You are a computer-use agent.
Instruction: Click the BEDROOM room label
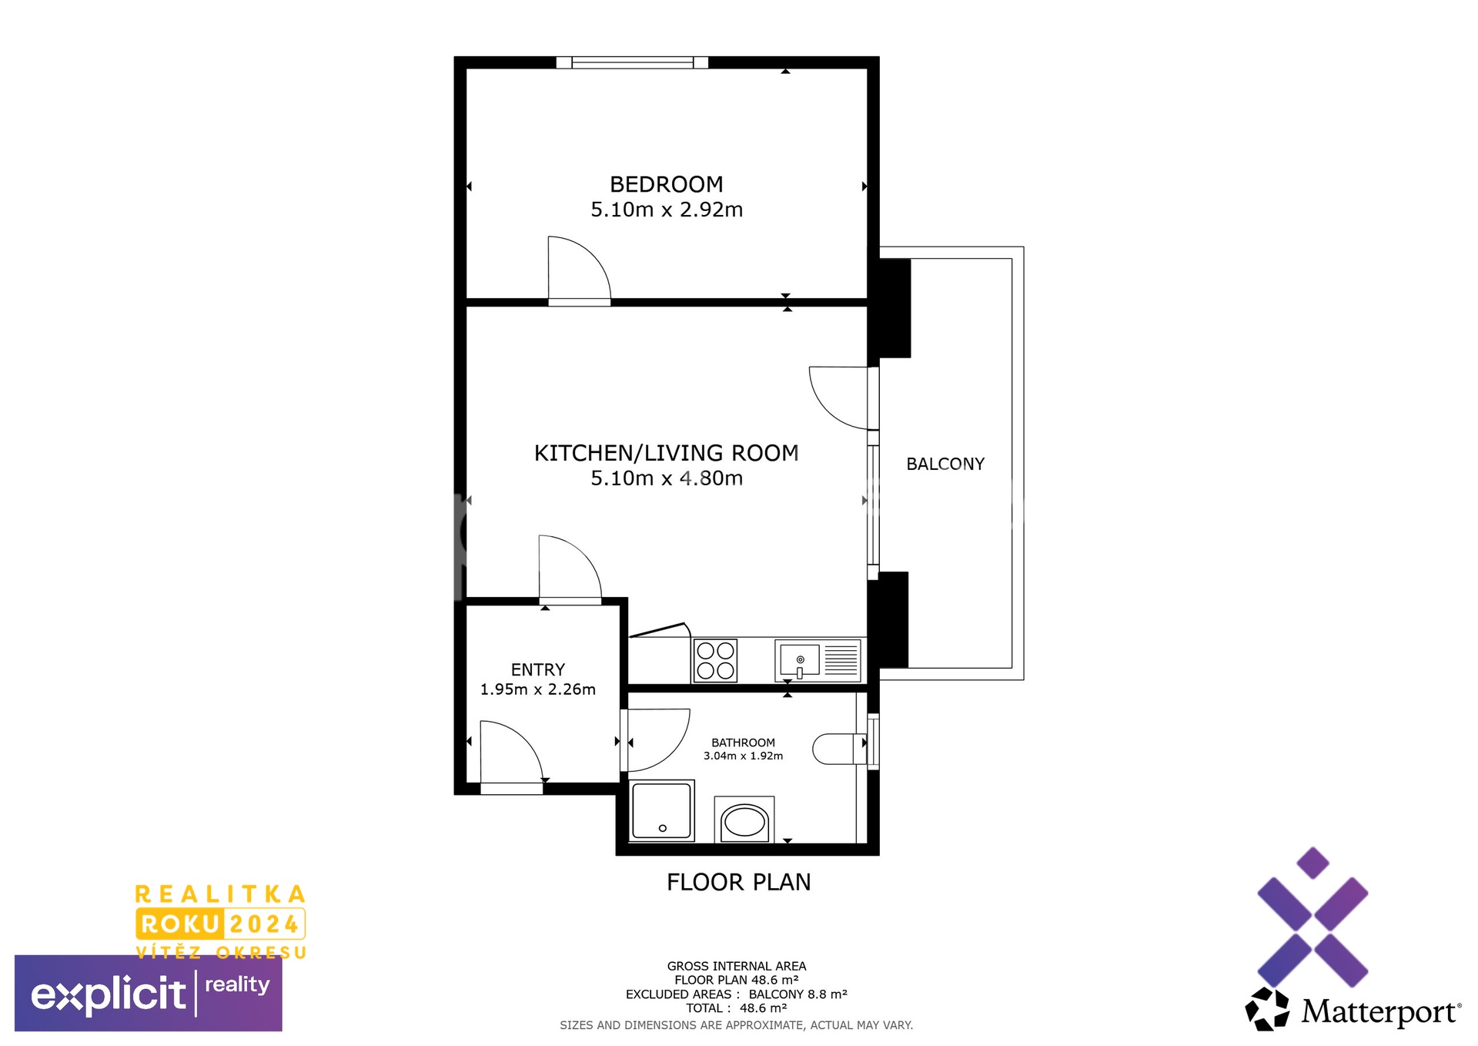[x=667, y=185]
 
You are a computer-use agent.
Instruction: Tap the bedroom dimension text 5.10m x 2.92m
[x=667, y=210]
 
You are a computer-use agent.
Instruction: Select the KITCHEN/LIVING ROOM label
[x=667, y=453]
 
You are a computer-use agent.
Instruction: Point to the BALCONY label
[x=945, y=464]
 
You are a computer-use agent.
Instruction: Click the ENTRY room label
[x=538, y=669]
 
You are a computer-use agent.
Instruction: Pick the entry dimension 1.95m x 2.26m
[x=538, y=689]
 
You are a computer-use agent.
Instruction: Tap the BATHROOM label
[x=743, y=743]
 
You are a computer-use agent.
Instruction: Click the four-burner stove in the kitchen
[x=716, y=661]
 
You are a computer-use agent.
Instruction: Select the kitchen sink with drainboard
[x=818, y=660]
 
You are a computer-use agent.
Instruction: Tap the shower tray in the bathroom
[x=662, y=811]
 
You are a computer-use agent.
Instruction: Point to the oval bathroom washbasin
[x=744, y=821]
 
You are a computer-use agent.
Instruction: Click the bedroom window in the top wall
[x=632, y=62]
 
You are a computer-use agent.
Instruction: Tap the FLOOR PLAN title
[x=739, y=882]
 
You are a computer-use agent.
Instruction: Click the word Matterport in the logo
[x=1381, y=1012]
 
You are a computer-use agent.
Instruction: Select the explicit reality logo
[x=149, y=994]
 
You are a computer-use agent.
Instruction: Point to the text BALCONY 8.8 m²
[x=798, y=994]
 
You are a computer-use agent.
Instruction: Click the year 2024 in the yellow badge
[x=264, y=924]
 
